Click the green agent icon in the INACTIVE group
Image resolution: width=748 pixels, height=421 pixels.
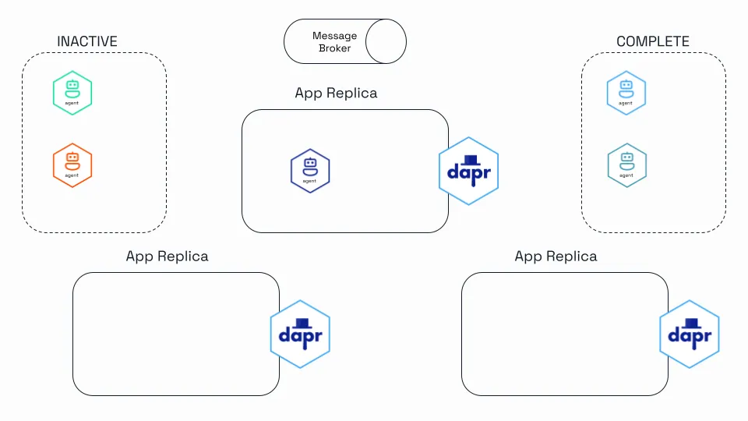(x=72, y=93)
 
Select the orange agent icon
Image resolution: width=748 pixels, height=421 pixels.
(x=72, y=165)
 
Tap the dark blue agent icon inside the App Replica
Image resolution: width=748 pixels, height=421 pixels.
(x=310, y=171)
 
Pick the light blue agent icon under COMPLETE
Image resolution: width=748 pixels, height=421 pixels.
(x=626, y=93)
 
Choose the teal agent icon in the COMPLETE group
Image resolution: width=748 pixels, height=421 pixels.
(x=626, y=165)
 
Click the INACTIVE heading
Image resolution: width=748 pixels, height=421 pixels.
(x=87, y=41)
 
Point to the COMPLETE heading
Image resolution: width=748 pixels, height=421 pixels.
(x=653, y=41)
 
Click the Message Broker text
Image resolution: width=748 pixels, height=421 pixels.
(x=335, y=42)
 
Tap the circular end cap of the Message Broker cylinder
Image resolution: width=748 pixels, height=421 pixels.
(x=386, y=41)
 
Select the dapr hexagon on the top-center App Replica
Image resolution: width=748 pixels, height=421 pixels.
(x=468, y=171)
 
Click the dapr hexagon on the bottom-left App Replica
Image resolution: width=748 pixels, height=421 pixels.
(x=300, y=334)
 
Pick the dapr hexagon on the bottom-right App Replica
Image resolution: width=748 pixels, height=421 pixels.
(x=690, y=334)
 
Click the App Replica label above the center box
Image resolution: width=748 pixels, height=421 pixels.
(x=336, y=93)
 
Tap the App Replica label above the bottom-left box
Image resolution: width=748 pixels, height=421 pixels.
(x=167, y=256)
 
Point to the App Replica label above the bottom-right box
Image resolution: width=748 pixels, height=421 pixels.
(x=556, y=256)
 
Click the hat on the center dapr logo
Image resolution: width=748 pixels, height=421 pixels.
(x=471, y=161)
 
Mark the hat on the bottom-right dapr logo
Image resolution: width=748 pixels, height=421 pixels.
(x=692, y=324)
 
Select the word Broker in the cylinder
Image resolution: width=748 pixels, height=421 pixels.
(x=335, y=48)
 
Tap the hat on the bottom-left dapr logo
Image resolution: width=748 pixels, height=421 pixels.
(x=302, y=324)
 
